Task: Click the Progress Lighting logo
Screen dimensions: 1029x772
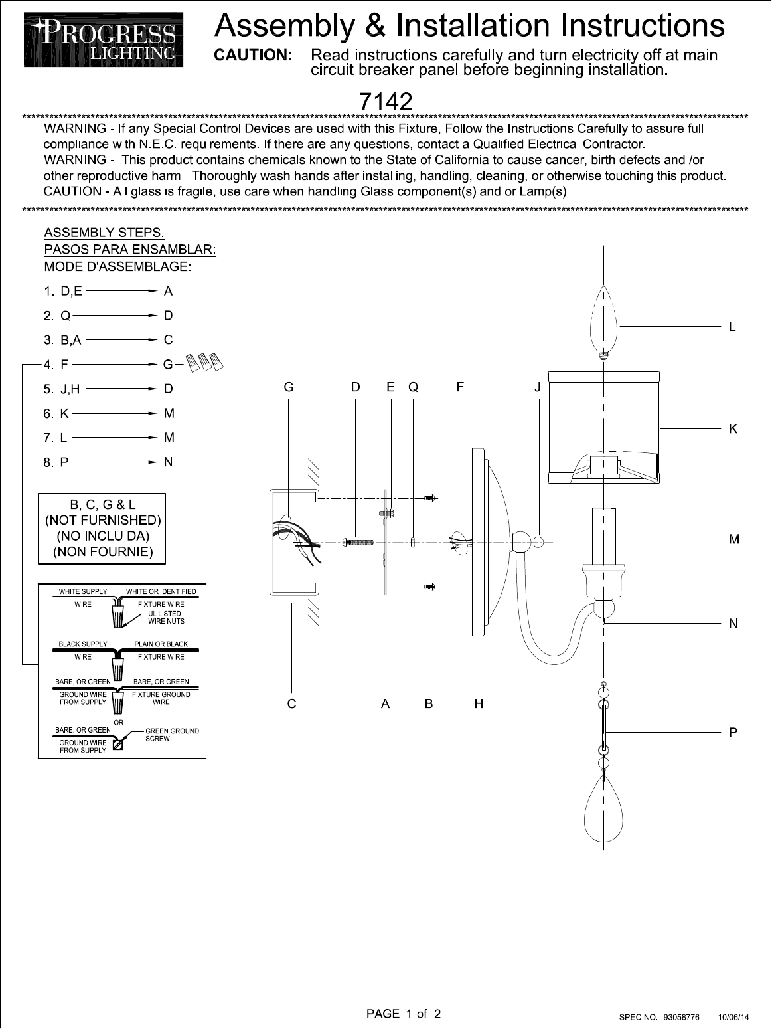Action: [x=104, y=41]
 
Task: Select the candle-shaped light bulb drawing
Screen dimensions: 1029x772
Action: [x=603, y=322]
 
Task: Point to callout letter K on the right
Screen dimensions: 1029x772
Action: [x=733, y=429]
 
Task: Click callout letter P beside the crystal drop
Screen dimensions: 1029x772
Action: [x=733, y=733]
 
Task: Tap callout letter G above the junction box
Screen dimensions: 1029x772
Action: [x=289, y=387]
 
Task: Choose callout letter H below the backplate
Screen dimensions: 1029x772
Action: [x=479, y=704]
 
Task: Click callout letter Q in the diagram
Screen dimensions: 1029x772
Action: [x=414, y=387]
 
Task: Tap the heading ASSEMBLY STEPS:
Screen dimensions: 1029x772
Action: [x=104, y=233]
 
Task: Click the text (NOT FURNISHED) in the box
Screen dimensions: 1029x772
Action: [x=102, y=520]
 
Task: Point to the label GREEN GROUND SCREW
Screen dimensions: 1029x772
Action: [x=171, y=735]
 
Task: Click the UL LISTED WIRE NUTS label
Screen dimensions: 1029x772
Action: [x=165, y=617]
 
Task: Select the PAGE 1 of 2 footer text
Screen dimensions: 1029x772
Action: [x=404, y=1014]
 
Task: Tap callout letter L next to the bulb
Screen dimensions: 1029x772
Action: [x=732, y=327]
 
